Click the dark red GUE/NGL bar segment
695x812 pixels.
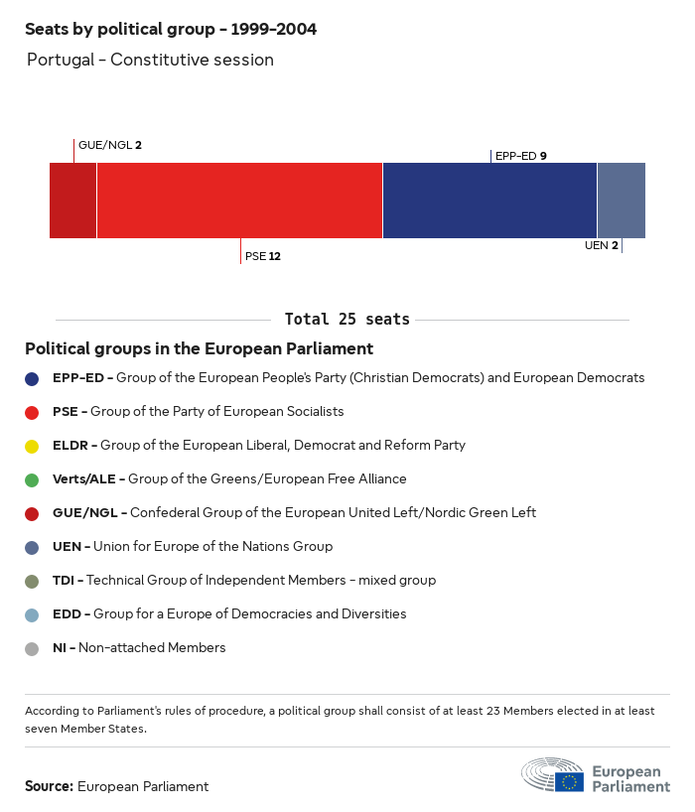click(x=72, y=201)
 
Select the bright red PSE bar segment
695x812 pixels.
click(x=239, y=201)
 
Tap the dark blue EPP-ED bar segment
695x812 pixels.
click(x=489, y=201)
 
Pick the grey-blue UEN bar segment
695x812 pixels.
click(x=621, y=201)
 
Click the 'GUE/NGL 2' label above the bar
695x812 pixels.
click(x=109, y=145)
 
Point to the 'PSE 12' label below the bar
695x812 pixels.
click(x=262, y=256)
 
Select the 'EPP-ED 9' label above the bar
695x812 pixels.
click(x=520, y=156)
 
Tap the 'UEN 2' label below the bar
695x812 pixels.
click(x=601, y=245)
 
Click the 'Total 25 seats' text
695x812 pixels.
click(x=347, y=320)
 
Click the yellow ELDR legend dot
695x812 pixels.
click(x=33, y=446)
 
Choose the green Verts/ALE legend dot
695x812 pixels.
click(x=33, y=479)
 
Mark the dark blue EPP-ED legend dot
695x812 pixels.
click(x=33, y=378)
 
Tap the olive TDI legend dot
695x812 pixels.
click(x=33, y=581)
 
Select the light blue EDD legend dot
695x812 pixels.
click(x=33, y=614)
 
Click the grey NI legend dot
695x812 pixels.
click(x=33, y=648)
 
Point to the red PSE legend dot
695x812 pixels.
click(x=33, y=412)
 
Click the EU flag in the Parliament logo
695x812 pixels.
click(x=570, y=781)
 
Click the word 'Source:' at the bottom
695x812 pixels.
click(x=49, y=786)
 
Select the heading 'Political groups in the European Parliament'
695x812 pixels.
click(x=199, y=348)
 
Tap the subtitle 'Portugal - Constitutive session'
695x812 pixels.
click(x=150, y=60)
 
